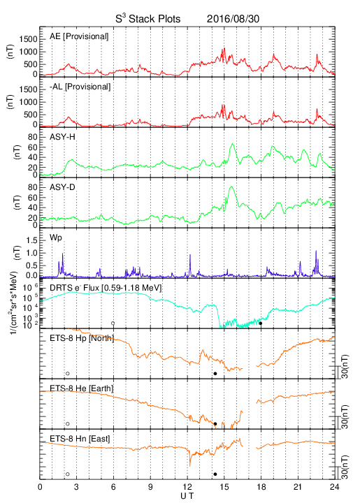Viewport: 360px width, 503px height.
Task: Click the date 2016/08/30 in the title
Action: point(233,19)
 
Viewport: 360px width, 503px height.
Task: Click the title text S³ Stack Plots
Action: point(148,19)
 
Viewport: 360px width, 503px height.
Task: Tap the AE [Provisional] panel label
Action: point(79,36)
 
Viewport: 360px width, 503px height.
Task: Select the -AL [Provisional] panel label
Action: point(80,87)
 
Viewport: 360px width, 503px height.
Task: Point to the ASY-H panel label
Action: point(62,137)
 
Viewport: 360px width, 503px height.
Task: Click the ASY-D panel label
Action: point(62,187)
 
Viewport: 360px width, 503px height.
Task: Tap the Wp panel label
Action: point(55,238)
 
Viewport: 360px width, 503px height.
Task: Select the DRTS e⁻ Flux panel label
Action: point(106,288)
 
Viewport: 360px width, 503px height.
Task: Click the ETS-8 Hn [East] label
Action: point(80,439)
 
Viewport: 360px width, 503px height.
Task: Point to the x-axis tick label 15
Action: point(224,487)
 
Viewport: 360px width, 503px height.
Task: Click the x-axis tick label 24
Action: point(334,487)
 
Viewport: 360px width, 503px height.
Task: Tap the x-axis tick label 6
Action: point(113,487)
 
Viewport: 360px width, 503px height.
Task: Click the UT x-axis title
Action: point(187,496)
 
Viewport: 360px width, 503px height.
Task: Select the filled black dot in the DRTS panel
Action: point(261,323)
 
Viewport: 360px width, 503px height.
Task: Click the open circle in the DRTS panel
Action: point(113,323)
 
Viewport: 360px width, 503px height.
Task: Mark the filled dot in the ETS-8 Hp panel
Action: point(215,373)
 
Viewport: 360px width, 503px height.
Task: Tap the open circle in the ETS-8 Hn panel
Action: point(68,474)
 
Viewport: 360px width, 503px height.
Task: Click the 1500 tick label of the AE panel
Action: point(29,39)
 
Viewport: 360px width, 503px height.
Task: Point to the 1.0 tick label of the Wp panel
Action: point(31,253)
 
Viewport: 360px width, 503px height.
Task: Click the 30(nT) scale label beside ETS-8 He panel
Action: point(345,416)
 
